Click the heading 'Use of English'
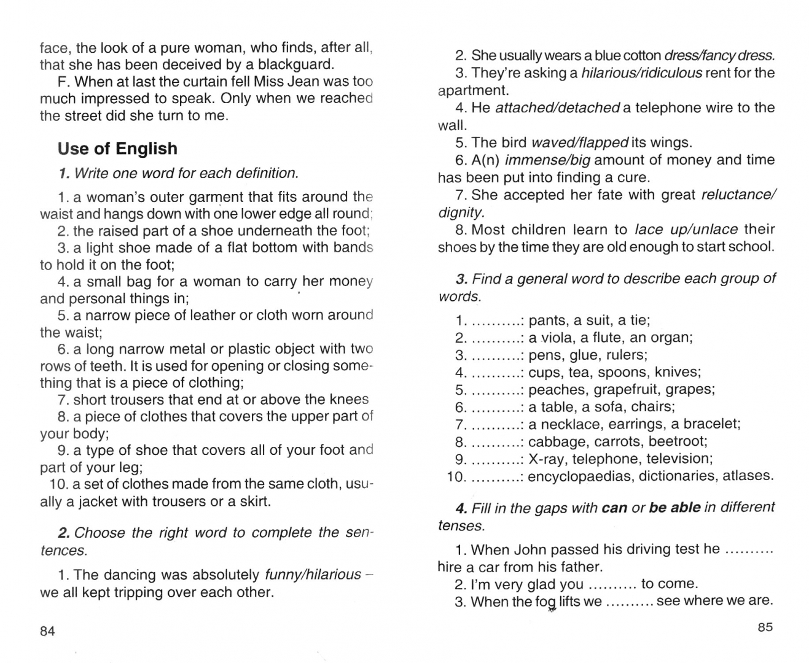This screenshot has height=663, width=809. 117,149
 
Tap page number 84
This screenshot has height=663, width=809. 47,631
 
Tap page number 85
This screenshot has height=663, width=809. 765,627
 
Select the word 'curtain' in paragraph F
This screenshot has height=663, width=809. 214,82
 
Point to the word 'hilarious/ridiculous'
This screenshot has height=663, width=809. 641,73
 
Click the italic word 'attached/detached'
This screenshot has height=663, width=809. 557,108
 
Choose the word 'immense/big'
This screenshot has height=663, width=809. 547,160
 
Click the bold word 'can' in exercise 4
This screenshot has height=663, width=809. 614,508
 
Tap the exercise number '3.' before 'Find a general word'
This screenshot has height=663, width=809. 462,279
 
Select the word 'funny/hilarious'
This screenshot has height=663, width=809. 313,575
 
